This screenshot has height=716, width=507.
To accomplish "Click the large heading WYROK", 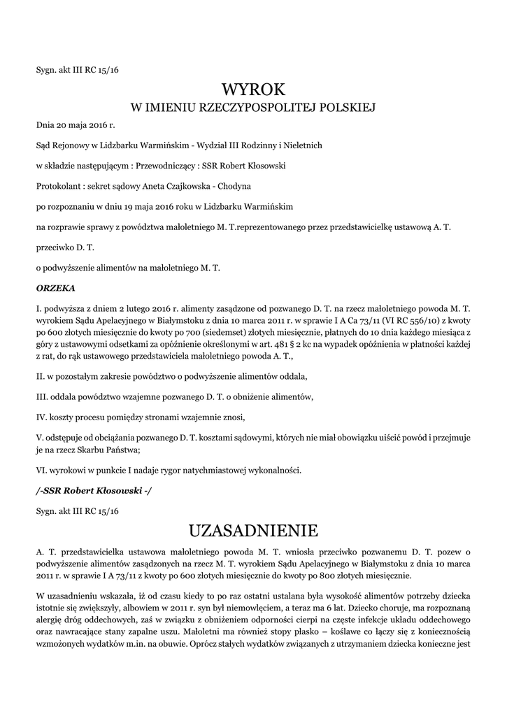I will click(x=253, y=89).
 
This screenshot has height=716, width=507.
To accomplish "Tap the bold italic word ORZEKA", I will click(x=55, y=287).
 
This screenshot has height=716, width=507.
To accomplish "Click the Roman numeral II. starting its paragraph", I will click(x=41, y=376).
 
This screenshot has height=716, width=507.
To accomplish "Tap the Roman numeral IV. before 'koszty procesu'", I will click(x=41, y=417).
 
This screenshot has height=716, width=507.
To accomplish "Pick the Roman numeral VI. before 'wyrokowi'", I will click(x=41, y=471).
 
